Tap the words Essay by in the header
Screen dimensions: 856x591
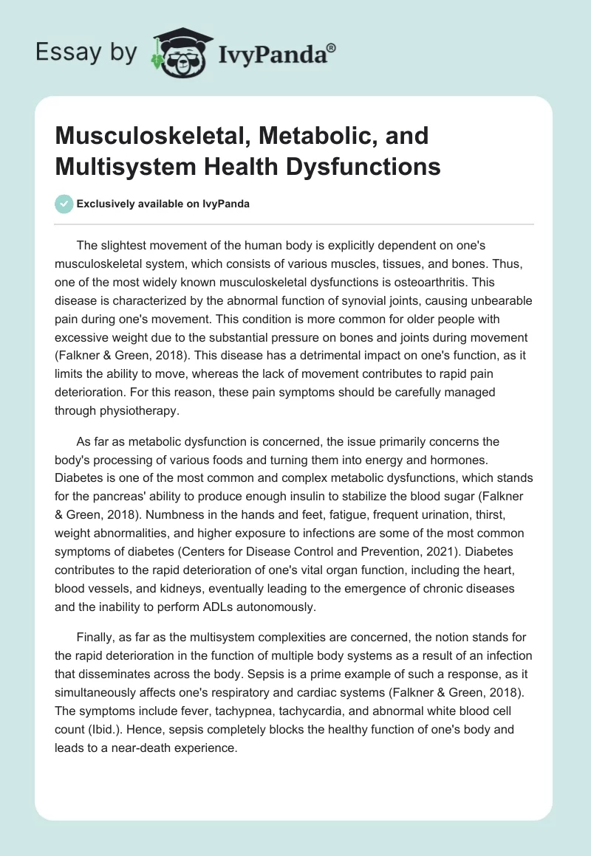[x=86, y=52]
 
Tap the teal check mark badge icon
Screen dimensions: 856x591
[x=64, y=204]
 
